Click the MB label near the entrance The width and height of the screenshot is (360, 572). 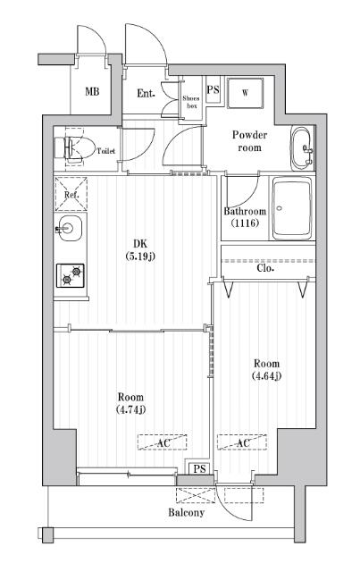[x=92, y=92]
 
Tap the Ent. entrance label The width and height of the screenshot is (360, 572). [x=147, y=93]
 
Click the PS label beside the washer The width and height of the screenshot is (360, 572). [x=213, y=90]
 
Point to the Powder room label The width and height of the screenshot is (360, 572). [x=249, y=140]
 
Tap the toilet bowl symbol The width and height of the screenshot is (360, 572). [x=75, y=148]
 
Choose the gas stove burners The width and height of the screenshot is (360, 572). [x=71, y=274]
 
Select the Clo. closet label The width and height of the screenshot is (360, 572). [x=265, y=267]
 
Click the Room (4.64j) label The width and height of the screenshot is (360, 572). [x=266, y=370]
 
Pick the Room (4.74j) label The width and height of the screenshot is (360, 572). [x=130, y=403]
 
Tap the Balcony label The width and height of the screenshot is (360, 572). [x=187, y=512]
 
